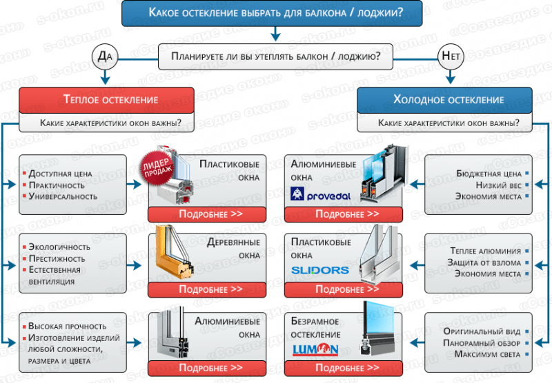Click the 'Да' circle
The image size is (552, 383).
pyautogui.click(x=105, y=56)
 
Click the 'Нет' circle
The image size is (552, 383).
pyautogui.click(x=451, y=56)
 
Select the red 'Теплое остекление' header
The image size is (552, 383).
pyautogui.click(x=106, y=100)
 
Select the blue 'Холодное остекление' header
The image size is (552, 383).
pyautogui.click(x=444, y=100)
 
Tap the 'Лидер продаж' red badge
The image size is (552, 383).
pyautogui.click(x=157, y=167)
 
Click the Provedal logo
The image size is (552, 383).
pyautogui.click(x=320, y=194)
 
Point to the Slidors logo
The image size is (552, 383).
pyautogui.click(x=320, y=270)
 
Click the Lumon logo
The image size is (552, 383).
pyautogui.click(x=315, y=349)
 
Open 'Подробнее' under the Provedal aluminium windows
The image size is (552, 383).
pyautogui.click(x=343, y=214)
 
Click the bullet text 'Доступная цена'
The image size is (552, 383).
pyautogui.click(x=60, y=174)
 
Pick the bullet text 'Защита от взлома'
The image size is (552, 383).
pyautogui.click(x=484, y=262)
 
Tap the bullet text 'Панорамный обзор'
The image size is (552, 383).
pyautogui.click(x=482, y=343)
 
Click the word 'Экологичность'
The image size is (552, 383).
pyautogui.click(x=59, y=247)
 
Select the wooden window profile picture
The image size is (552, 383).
pyautogui.click(x=175, y=252)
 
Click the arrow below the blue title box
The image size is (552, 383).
pyautogui.click(x=275, y=34)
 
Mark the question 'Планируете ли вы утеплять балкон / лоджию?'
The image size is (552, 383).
pyautogui.click(x=275, y=56)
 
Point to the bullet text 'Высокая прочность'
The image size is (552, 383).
pyautogui.click(x=67, y=326)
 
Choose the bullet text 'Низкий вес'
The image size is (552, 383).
pyautogui.click(x=499, y=185)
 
